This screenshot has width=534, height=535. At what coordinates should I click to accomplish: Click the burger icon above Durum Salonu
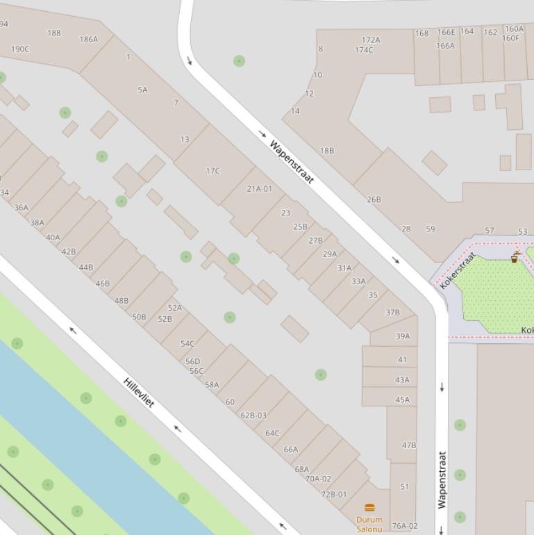(x=369, y=507)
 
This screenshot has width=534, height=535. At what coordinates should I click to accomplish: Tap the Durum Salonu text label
(x=369, y=524)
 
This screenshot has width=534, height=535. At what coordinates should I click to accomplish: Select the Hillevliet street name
(x=139, y=393)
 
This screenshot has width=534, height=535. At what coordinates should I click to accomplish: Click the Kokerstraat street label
(x=458, y=270)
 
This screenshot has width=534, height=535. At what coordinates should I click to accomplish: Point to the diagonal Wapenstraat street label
(x=292, y=163)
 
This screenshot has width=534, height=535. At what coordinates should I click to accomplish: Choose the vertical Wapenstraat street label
(x=442, y=479)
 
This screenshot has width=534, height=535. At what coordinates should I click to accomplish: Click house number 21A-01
(x=259, y=188)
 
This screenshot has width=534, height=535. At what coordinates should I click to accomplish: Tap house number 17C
(x=212, y=170)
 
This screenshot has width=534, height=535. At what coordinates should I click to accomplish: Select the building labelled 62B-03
(x=253, y=415)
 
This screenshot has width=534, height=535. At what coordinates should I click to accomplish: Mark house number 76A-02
(x=405, y=526)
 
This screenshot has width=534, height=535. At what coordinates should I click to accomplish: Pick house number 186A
(x=89, y=40)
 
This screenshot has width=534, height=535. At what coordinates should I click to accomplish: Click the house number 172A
(x=371, y=40)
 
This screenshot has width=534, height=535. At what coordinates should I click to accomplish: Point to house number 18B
(x=327, y=150)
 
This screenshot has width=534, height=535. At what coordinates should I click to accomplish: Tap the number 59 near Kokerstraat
(x=431, y=229)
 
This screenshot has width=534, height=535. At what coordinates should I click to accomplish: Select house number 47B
(x=409, y=445)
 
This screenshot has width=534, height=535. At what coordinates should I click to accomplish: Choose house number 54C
(x=187, y=343)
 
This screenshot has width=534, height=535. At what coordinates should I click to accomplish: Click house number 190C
(x=20, y=49)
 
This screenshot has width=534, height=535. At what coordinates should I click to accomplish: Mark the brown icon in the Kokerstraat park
(x=515, y=258)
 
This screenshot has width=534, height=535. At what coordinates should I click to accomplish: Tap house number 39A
(x=403, y=336)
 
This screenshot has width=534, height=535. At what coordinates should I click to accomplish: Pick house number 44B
(x=85, y=267)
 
